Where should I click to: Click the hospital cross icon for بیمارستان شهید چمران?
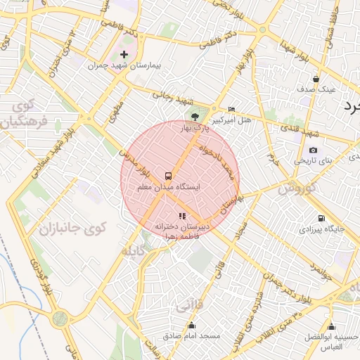tap(124, 54)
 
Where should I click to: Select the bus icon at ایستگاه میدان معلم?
tap(168, 176)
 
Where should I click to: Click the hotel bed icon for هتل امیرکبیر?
tap(232, 109)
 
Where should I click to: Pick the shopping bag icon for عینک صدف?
tap(316, 79)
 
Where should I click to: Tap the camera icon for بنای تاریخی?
tap(313, 150)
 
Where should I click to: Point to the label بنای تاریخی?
tap(311, 161)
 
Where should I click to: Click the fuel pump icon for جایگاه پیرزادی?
tap(321, 218)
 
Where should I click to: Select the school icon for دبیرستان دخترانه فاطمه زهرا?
tap(182, 216)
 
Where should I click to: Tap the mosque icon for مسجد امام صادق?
tap(192, 325)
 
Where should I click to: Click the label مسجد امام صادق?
tap(192, 336)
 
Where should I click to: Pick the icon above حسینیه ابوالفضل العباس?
tap(331, 327)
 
